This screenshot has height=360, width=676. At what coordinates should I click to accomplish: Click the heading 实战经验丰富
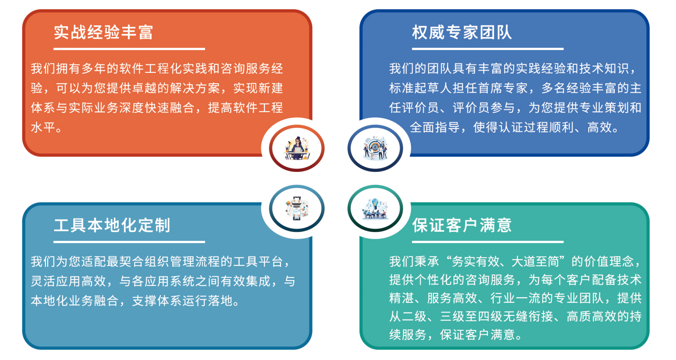pos(103,32)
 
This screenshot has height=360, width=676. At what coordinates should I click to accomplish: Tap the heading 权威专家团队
pos(462,32)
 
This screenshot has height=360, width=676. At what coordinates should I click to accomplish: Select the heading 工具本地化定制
pos(112,225)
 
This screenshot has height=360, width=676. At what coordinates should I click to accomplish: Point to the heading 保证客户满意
pos(462,225)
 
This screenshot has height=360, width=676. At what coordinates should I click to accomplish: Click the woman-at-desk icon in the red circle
pos(297,148)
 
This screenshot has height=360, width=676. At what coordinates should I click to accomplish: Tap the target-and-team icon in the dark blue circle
pos(375,148)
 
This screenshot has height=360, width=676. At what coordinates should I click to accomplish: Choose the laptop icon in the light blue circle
pos(297,208)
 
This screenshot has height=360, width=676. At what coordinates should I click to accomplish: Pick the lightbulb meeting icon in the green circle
pos(375,208)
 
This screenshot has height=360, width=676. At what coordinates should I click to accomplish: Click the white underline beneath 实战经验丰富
pos(129,49)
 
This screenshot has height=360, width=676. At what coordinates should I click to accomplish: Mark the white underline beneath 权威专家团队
pos(487,49)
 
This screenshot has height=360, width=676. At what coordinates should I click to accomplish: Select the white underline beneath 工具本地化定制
pos(129,242)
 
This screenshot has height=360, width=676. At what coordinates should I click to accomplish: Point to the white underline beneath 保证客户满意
pos(487,242)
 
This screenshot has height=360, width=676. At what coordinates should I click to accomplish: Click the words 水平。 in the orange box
pos(46,127)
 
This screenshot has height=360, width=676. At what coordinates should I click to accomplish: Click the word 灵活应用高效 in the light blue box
pos(69,281)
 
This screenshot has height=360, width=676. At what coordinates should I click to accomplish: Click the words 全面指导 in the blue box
pos(435,127)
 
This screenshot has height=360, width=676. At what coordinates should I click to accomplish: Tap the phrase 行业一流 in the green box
pos(515,298)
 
